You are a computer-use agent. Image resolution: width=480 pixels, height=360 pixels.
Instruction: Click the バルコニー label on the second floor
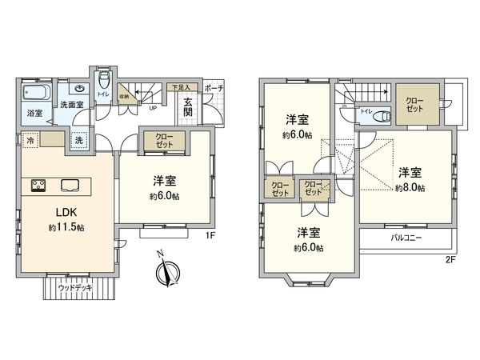(x=407, y=238)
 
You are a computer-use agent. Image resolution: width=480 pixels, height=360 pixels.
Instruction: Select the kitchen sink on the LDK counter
(x=70, y=186)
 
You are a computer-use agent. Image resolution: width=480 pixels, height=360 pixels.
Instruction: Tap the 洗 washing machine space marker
(x=79, y=141)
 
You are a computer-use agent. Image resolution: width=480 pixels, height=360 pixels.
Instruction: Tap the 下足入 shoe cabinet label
(x=181, y=86)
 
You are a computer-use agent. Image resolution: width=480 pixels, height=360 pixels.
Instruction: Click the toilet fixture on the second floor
(x=381, y=114)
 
